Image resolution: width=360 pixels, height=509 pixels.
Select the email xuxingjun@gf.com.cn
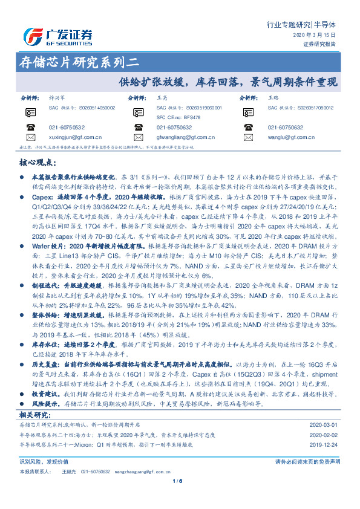click(75, 138)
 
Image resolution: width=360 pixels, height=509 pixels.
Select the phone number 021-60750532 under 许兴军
click(67, 128)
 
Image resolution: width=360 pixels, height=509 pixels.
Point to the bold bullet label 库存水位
click(45, 343)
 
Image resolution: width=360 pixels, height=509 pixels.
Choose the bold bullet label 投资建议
click(46, 376)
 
